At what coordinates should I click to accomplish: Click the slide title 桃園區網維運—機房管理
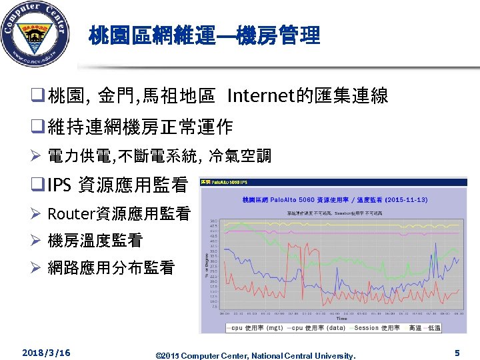click(205, 35)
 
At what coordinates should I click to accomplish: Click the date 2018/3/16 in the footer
click(46, 352)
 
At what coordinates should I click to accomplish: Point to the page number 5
click(457, 353)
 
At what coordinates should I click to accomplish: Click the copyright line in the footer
click(255, 355)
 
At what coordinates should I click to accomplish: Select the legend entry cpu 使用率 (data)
click(316, 327)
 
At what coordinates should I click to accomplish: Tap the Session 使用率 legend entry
click(376, 327)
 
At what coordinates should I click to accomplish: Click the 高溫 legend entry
click(415, 327)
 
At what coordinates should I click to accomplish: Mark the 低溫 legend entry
click(434, 327)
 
